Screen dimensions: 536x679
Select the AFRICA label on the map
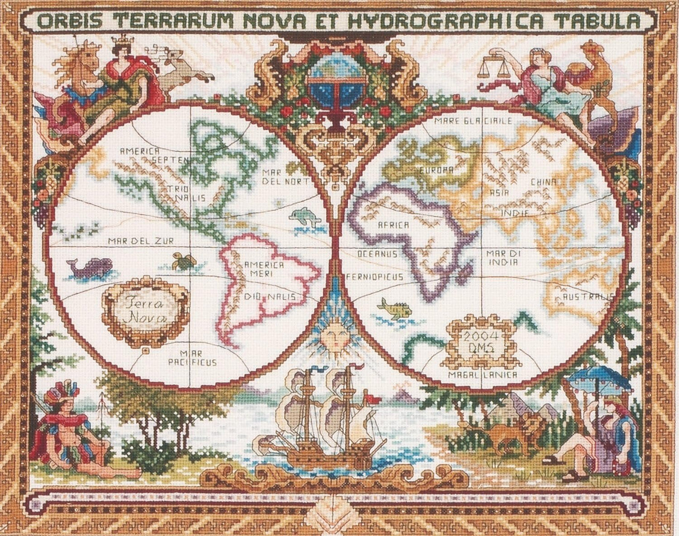coord(393,225)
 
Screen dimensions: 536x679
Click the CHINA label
coord(544,182)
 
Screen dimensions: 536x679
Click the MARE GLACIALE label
coord(472,121)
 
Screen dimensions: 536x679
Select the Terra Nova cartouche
coord(145,311)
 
